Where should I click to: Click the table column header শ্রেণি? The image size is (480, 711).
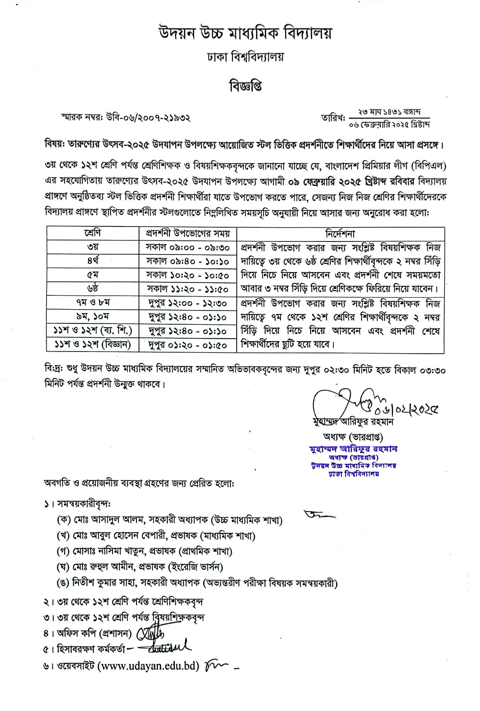click(x=92, y=233)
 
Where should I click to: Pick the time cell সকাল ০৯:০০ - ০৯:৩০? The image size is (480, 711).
click(x=188, y=247)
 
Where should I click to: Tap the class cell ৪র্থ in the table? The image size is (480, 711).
click(x=92, y=261)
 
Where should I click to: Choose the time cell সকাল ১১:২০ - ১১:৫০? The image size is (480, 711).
click(x=188, y=288)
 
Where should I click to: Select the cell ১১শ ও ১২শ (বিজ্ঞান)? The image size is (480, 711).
click(x=93, y=344)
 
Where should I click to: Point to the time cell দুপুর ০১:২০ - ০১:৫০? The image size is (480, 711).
click(x=188, y=345)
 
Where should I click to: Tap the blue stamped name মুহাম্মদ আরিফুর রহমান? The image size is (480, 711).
click(x=353, y=449)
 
